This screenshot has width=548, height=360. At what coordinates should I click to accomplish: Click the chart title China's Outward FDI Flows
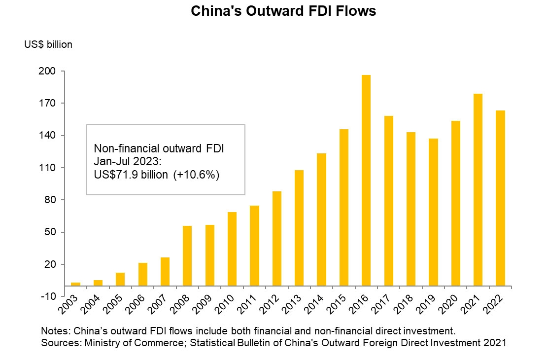click(x=283, y=11)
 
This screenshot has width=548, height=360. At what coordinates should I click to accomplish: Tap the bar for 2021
click(x=478, y=189)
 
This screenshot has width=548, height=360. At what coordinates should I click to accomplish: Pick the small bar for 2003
click(x=75, y=284)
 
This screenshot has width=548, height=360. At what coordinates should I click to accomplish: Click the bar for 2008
click(x=187, y=255)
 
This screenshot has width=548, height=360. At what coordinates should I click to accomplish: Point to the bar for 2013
click(x=299, y=228)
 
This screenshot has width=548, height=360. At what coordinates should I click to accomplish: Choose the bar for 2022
click(x=500, y=198)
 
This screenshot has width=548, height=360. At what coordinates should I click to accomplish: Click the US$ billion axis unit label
click(x=48, y=44)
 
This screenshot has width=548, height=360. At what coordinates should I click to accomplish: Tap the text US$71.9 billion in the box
click(x=132, y=175)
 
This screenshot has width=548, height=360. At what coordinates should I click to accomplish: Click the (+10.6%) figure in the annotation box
click(x=196, y=175)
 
